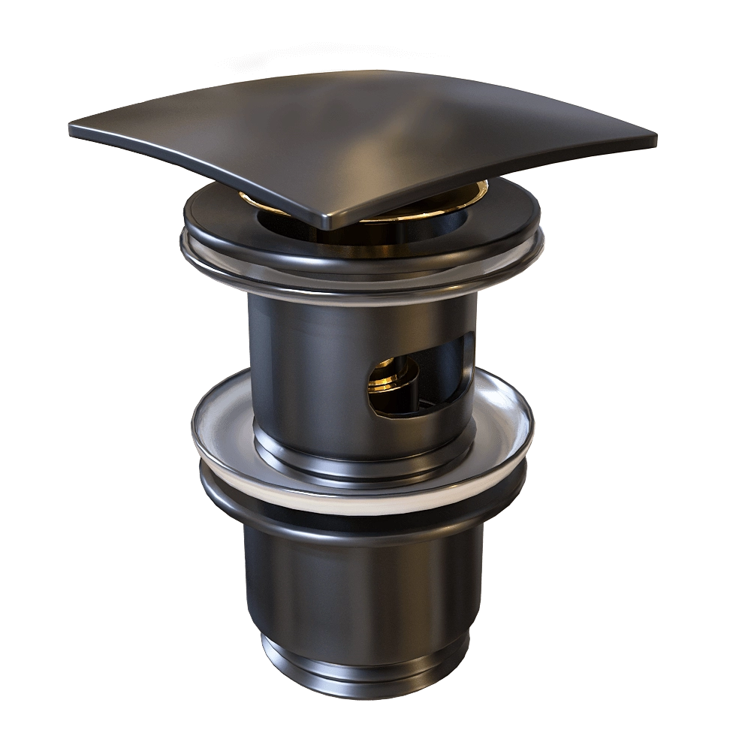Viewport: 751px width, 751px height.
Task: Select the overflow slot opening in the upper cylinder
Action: point(421,375)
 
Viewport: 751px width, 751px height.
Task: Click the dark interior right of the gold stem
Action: point(443,368)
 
